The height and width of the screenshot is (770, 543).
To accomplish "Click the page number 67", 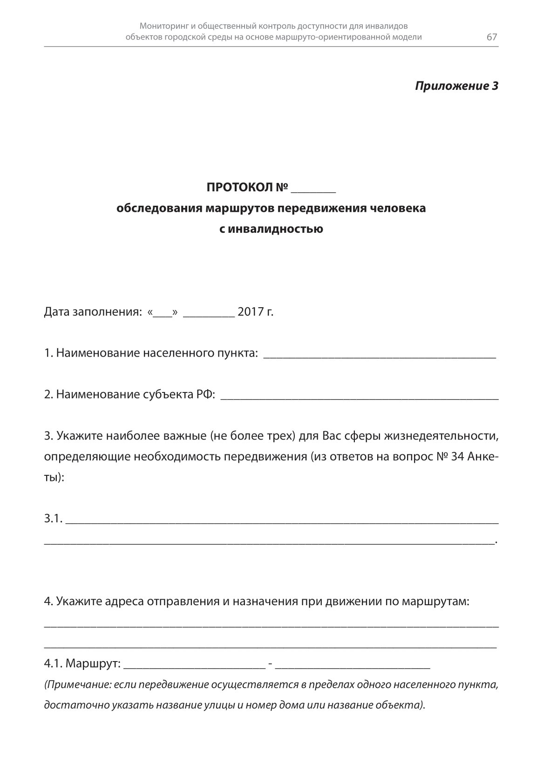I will click(x=492, y=37).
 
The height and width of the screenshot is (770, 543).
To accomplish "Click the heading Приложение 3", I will click(x=456, y=86).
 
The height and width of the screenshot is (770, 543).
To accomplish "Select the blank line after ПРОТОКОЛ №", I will click(x=313, y=190).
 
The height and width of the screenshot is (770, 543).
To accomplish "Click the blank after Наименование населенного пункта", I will click(x=380, y=356).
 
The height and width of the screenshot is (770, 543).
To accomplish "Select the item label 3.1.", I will click(x=53, y=518).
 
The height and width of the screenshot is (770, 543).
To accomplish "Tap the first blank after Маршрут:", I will click(x=195, y=666).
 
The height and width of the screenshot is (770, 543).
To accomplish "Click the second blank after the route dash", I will click(x=353, y=666).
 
